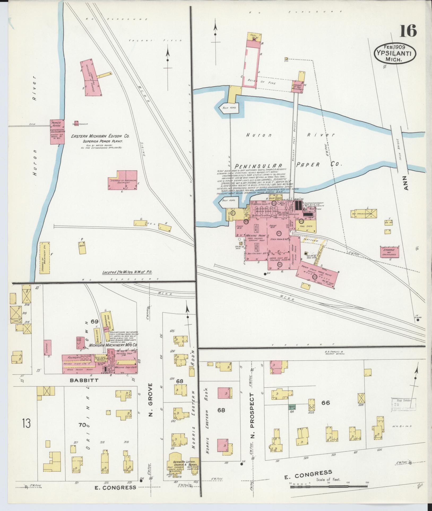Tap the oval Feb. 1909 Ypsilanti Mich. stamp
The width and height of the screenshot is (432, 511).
395,54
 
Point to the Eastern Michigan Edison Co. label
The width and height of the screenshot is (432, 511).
100,136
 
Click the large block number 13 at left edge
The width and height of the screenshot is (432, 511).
27,423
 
